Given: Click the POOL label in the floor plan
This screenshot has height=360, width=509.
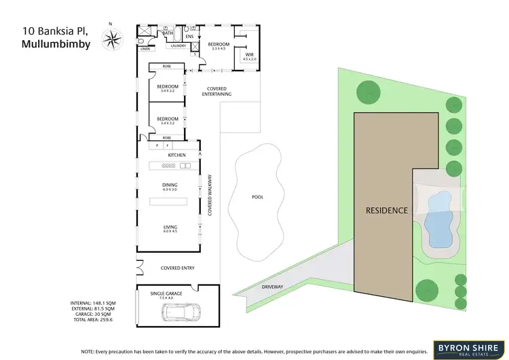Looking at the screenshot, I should click(x=257, y=197).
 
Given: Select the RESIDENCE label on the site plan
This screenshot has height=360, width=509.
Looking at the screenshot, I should click(x=387, y=210).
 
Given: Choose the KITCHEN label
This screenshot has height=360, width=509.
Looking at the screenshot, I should click(x=176, y=156).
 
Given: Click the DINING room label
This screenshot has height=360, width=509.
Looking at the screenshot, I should click(x=170, y=186).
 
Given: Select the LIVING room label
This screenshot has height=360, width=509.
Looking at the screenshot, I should click(x=170, y=229).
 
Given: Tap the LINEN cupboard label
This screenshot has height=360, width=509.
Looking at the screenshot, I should click(x=145, y=49).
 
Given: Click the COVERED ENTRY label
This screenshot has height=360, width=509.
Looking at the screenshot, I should click(x=178, y=268).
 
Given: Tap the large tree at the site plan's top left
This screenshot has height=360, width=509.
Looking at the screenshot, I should click(x=367, y=92).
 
